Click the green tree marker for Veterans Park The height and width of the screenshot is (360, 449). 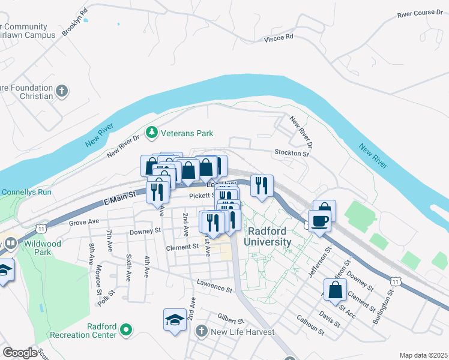pyautogui.click(x=152, y=132)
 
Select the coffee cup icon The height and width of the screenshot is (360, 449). pyautogui.click(x=320, y=220)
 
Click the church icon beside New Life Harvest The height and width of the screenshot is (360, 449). pyautogui.click(x=202, y=331)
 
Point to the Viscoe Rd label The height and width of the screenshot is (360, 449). pyautogui.click(x=279, y=37)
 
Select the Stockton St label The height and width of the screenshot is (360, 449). pyautogui.click(x=291, y=153)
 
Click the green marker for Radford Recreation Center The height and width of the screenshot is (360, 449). pyautogui.click(x=125, y=329)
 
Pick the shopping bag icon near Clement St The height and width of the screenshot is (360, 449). pyautogui.click(x=335, y=290)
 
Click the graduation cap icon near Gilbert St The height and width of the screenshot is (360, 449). pyautogui.click(x=175, y=319)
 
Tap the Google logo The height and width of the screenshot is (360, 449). pyautogui.click(x=20, y=353)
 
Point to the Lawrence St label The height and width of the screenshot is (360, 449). pyautogui.click(x=214, y=286)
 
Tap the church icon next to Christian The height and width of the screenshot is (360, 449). pyautogui.click(x=61, y=92)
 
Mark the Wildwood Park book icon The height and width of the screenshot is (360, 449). pyautogui.click(x=11, y=244)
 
